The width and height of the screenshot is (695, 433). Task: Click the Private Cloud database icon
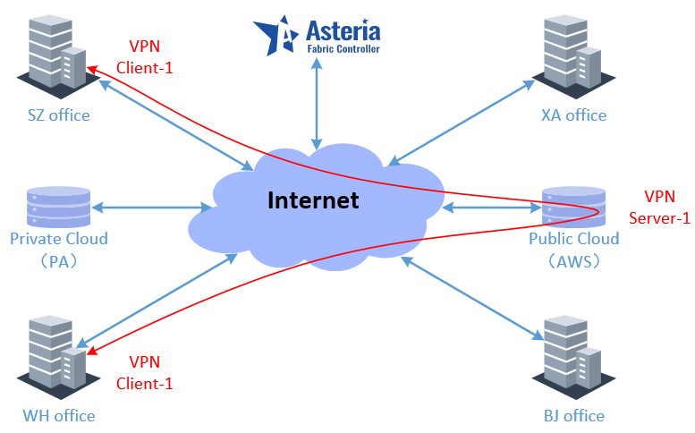pyautogui.click(x=59, y=207)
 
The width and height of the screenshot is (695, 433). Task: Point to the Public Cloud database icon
pyautogui.click(x=573, y=207)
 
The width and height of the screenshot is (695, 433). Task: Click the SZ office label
pyautogui.click(x=58, y=115)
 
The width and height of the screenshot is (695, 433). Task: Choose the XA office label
pyautogui.click(x=574, y=115)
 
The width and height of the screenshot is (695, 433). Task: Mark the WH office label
pyautogui.click(x=59, y=416)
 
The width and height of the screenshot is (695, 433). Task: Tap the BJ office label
pyautogui.click(x=574, y=416)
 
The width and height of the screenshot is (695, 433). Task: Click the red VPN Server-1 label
pyautogui.click(x=659, y=208)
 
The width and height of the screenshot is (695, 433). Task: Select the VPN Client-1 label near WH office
pyautogui.click(x=145, y=373)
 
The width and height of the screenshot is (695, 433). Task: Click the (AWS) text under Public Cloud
pyautogui.click(x=573, y=262)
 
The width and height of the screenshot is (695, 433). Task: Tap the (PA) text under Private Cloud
pyautogui.click(x=59, y=262)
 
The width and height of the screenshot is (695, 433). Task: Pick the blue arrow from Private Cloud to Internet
pyautogui.click(x=152, y=208)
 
